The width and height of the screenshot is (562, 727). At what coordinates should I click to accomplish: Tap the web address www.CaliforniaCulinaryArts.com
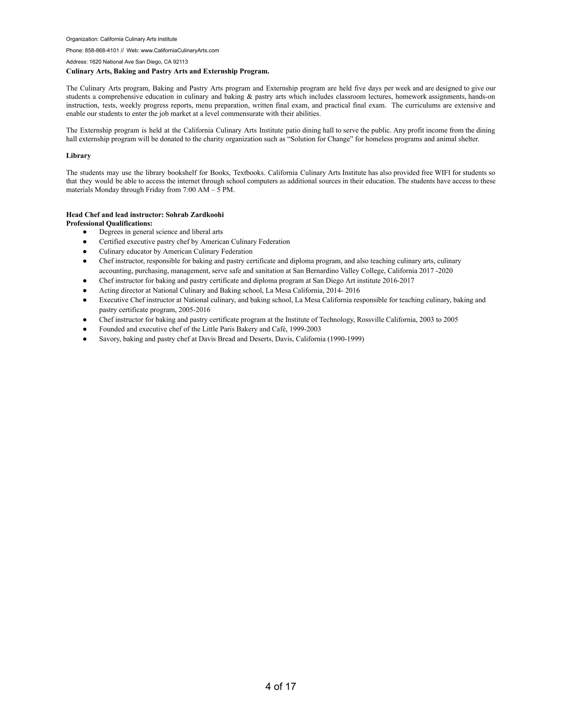click(180, 50)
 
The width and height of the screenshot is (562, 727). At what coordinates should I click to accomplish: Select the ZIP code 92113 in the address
click(180, 62)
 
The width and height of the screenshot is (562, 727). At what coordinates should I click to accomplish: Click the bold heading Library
click(78, 156)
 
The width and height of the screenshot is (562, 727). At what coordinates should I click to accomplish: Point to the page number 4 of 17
click(280, 686)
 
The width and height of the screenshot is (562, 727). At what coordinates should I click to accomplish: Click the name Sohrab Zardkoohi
click(195, 215)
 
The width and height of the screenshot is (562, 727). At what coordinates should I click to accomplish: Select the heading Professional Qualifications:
click(109, 223)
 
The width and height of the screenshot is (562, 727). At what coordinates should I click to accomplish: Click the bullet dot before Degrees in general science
click(85, 232)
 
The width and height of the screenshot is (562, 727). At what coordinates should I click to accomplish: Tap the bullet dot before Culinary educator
click(85, 251)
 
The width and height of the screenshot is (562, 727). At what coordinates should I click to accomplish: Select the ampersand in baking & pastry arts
click(249, 97)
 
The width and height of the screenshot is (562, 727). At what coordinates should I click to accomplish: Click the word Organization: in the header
click(82, 39)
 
